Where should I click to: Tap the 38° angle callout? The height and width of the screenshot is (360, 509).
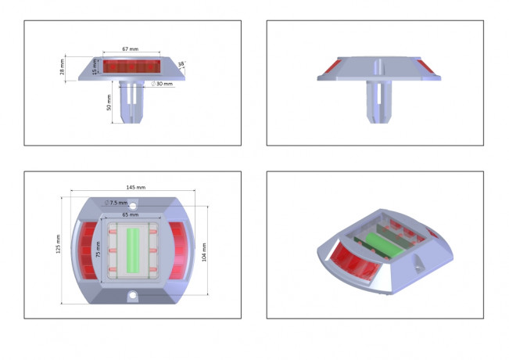point(181,65)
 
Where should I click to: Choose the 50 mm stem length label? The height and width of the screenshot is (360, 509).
point(109,103)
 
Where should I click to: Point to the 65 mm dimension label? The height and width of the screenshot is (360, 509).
point(130,214)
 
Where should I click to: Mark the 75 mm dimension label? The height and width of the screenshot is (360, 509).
point(98,250)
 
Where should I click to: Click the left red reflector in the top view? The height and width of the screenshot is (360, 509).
point(88,250)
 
